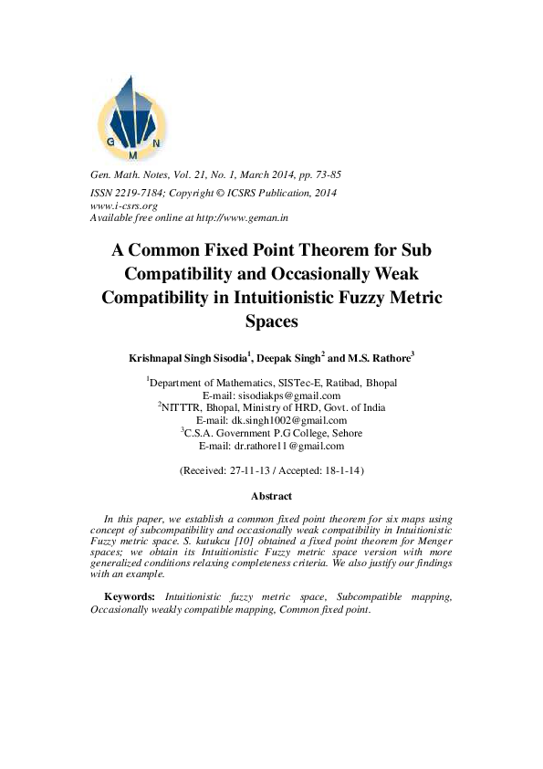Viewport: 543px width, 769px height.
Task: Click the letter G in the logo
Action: coord(110,142)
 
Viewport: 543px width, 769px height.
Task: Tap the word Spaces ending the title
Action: coord(272,321)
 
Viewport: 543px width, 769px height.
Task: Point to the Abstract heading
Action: coord(272,496)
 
